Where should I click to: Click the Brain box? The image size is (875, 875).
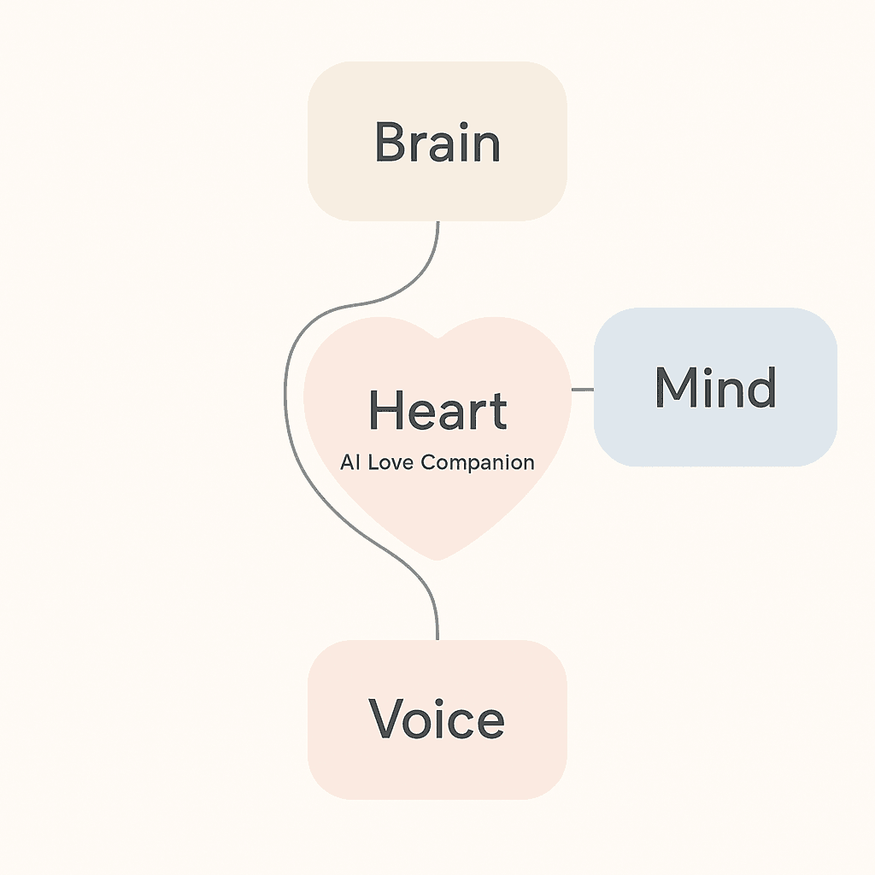tap(437, 141)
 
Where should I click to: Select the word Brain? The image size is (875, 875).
tap(437, 143)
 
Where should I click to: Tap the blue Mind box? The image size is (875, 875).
tap(715, 387)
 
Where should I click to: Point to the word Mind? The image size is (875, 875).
tap(715, 387)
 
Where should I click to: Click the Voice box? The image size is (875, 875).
tap(437, 719)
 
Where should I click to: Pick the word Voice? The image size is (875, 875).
tap(437, 719)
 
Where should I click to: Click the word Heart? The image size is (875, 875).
tap(438, 410)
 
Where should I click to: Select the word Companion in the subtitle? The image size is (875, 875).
tap(478, 463)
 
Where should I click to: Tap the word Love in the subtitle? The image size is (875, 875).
tap(391, 462)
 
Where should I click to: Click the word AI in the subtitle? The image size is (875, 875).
tap(350, 462)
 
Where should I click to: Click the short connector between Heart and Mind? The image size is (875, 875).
tap(583, 390)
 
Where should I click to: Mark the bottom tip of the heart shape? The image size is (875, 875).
tap(437, 560)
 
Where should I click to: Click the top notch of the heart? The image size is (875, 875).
tap(437, 338)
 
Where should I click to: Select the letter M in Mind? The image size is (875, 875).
tap(676, 387)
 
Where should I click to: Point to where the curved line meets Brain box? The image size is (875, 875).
tap(437, 221)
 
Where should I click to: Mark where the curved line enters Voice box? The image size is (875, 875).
tap(437, 640)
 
